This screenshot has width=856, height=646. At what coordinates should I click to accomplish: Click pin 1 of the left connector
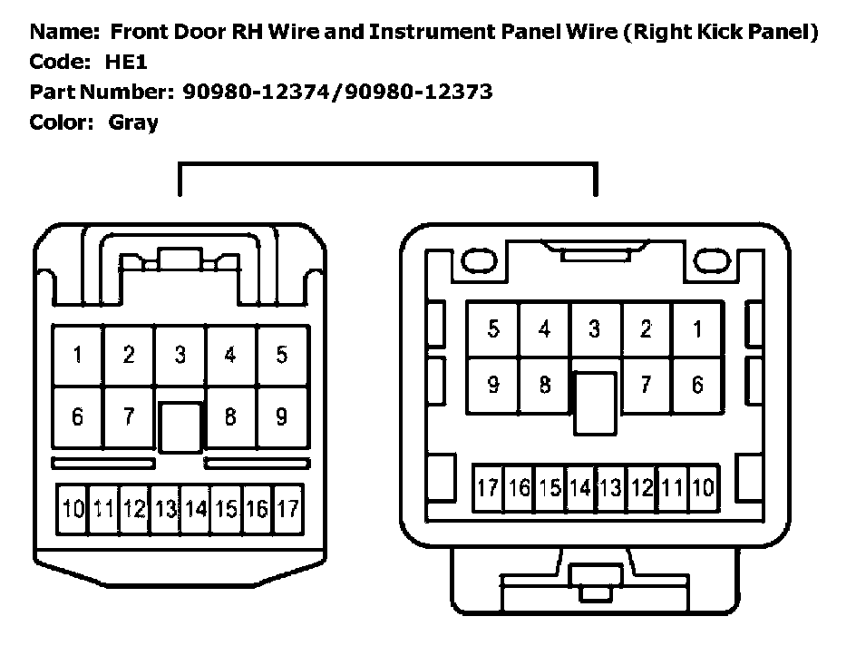(78, 356)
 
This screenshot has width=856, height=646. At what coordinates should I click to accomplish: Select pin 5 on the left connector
(282, 356)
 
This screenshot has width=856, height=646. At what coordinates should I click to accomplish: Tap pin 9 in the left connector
(282, 416)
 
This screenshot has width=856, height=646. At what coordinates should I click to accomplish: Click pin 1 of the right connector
(697, 328)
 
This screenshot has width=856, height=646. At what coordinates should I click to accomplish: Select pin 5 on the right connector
(492, 328)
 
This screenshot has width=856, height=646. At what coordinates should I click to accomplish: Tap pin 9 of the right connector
(492, 385)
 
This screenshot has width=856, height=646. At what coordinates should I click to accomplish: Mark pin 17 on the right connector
(488, 488)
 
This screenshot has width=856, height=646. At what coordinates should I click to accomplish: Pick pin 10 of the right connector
(702, 488)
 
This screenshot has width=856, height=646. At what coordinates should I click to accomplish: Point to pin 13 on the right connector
(610, 488)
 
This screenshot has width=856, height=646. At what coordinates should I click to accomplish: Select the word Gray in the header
(133, 122)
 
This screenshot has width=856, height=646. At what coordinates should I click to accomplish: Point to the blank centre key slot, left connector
(180, 426)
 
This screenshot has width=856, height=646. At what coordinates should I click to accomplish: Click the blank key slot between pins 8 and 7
(595, 402)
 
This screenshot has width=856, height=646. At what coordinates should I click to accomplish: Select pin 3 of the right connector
(595, 328)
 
